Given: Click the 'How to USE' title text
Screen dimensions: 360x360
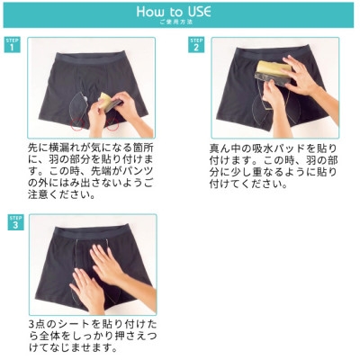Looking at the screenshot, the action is pyautogui.click(x=174, y=12).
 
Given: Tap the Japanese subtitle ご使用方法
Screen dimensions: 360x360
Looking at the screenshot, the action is pyautogui.click(x=176, y=22).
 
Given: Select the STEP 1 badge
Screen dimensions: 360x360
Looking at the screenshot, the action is pyautogui.click(x=12, y=45).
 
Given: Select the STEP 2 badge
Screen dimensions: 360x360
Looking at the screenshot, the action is pyautogui.click(x=196, y=45).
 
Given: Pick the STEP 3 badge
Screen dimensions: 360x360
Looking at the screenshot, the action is pyautogui.click(x=15, y=222).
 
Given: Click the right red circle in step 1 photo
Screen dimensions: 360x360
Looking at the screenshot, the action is pyautogui.click(x=112, y=123).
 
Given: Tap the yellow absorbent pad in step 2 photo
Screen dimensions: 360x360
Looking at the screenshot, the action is pyautogui.click(x=273, y=67).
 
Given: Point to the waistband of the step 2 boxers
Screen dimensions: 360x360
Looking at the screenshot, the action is pyautogui.click(x=272, y=53).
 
